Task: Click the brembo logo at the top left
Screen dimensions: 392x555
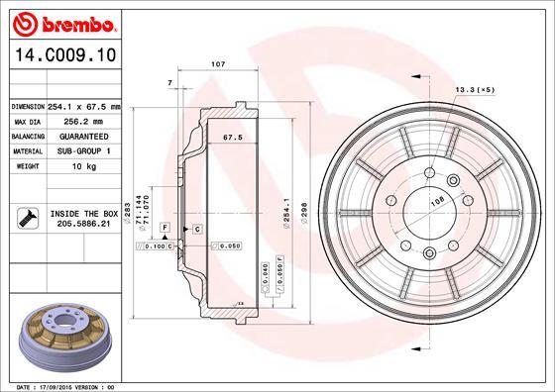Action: (62, 21)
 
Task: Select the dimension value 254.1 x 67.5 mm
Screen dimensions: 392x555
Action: (83, 106)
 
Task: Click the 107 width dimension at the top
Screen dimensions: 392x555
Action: (218, 63)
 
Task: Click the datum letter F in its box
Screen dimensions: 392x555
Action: (164, 228)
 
